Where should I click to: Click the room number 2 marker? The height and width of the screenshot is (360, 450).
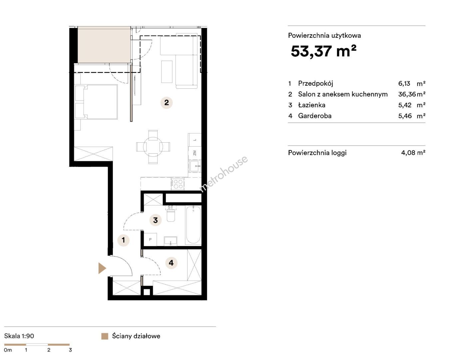167,103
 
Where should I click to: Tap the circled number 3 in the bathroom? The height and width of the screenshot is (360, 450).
155,220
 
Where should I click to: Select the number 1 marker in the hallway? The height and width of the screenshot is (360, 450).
123,240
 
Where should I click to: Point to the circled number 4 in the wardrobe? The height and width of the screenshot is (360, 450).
171,263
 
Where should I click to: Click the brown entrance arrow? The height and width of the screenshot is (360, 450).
102,268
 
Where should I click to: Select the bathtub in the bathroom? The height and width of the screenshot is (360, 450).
193,225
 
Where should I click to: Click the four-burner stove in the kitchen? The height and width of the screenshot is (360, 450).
178,184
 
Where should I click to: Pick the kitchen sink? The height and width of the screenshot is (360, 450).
195,166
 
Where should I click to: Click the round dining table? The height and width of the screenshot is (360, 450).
153,147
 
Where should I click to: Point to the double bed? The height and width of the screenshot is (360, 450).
96,102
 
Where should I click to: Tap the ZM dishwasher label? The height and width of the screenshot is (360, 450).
195,153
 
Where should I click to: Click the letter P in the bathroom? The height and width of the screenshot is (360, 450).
150,239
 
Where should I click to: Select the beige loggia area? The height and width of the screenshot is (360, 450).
104,45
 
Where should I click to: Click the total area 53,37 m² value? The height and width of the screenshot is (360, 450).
323,51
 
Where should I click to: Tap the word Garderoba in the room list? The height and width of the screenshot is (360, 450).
315,116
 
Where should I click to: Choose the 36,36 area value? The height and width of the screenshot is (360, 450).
407,94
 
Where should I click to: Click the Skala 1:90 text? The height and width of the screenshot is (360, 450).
19,336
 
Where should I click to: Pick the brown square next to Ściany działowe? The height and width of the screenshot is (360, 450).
105,336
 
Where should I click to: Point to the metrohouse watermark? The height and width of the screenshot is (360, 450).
224,174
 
